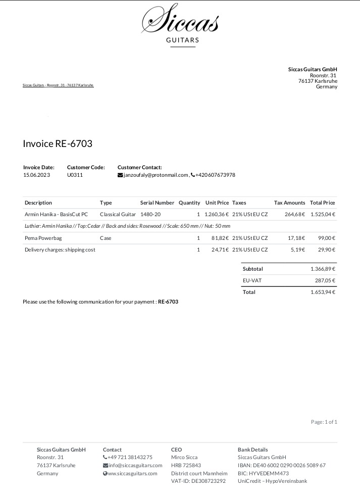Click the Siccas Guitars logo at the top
(180, 25)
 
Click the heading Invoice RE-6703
(58, 144)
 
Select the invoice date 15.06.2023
(37, 175)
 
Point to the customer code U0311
(75, 175)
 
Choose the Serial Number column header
(157, 203)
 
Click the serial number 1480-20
(150, 214)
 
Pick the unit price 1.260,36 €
(217, 214)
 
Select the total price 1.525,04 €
(323, 214)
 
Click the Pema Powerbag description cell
(43, 238)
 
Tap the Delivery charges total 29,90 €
(327, 250)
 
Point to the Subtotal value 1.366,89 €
(323, 269)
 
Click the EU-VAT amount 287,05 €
(325, 281)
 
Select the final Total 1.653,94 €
(323, 292)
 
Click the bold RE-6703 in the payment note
(168, 302)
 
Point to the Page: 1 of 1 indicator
(324, 422)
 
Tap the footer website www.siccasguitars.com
(133, 474)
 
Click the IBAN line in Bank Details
(282, 465)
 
